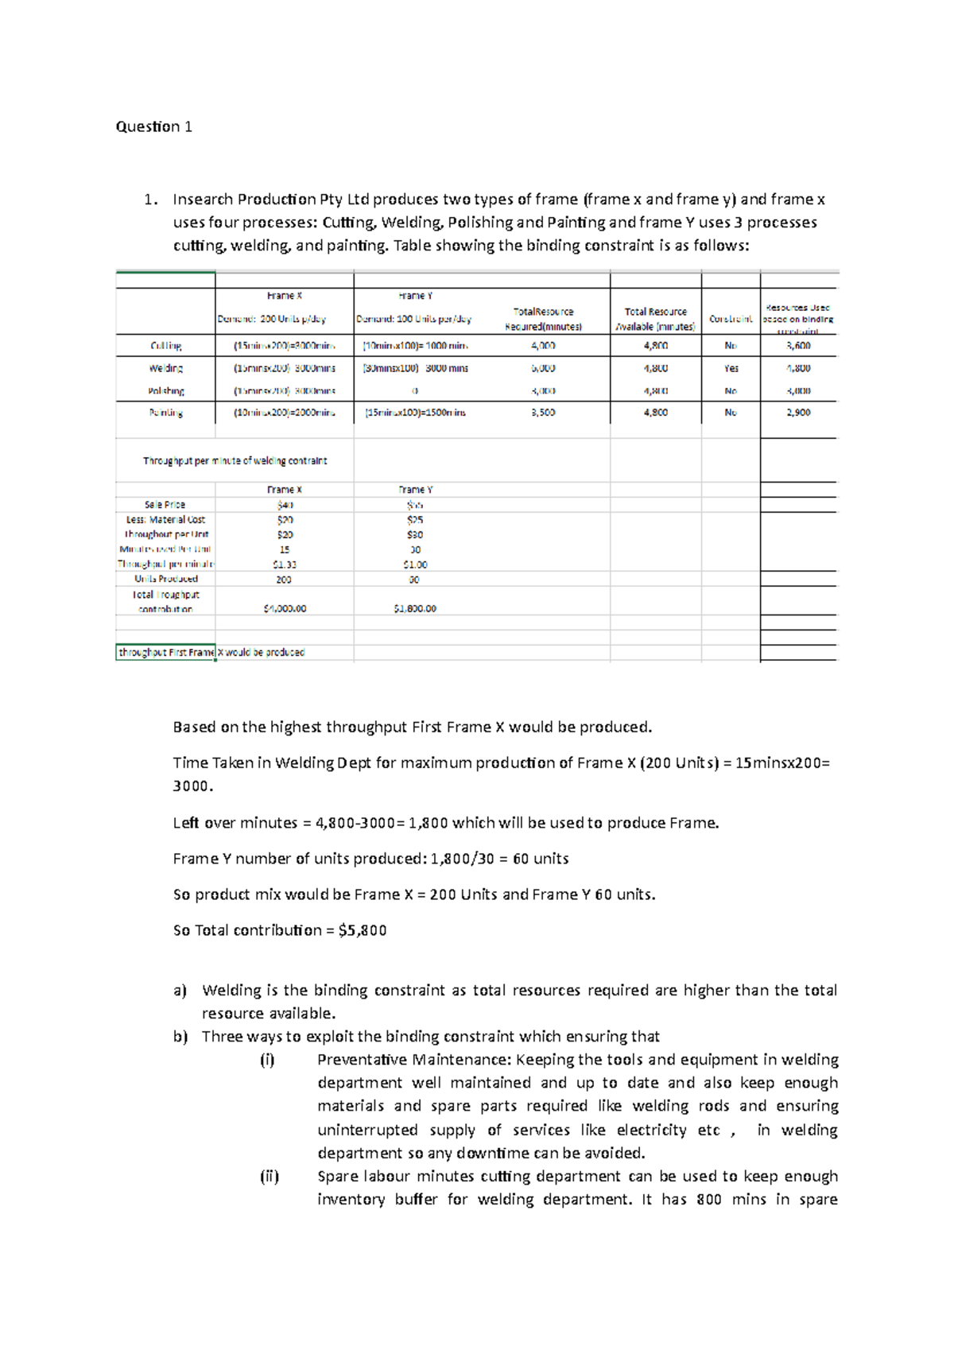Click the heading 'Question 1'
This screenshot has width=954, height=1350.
tap(153, 126)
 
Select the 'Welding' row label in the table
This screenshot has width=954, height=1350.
tap(165, 368)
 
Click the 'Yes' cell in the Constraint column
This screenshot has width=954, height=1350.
tap(731, 368)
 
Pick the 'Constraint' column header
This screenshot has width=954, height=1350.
tap(731, 319)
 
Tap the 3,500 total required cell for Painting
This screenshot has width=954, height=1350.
tap(543, 413)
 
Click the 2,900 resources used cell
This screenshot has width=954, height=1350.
tap(798, 413)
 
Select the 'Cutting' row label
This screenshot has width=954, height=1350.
tap(165, 346)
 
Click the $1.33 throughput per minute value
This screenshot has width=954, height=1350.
tap(284, 564)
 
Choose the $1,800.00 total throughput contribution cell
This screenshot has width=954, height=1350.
tap(414, 609)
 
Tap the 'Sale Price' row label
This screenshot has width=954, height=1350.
tap(165, 505)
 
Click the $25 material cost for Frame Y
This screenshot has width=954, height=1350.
tap(414, 520)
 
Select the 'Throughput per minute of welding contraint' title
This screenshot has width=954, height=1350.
tap(235, 461)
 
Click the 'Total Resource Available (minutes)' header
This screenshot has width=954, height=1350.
tap(655, 319)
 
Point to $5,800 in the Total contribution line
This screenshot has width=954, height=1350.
tap(362, 930)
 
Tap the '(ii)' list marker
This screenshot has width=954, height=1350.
tap(269, 1176)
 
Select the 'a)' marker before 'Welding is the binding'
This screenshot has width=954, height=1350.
tap(180, 991)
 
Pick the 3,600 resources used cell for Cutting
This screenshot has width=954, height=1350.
tap(798, 346)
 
